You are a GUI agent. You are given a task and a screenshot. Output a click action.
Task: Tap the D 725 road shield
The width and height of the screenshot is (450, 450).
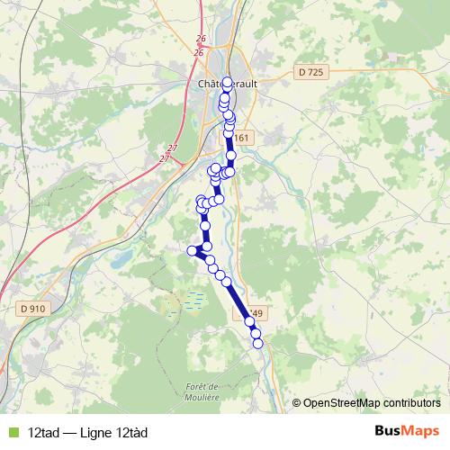click(x=310, y=72)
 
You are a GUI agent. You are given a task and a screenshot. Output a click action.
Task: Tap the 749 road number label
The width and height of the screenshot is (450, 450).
click(x=256, y=314)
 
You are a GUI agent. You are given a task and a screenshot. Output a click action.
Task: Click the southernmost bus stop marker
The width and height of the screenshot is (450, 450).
click(x=257, y=343)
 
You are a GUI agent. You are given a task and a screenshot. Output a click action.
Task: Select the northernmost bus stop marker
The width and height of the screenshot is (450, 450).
click(x=228, y=83)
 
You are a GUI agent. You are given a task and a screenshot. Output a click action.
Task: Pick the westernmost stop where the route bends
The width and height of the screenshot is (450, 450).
click(x=191, y=250)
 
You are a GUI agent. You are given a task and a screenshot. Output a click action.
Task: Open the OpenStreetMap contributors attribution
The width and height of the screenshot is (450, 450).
click(x=371, y=403)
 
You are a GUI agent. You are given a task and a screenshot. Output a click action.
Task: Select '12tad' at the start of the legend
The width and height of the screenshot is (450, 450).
click(x=43, y=432)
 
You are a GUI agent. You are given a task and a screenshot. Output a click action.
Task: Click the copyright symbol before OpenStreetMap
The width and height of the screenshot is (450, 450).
click(x=297, y=403)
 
